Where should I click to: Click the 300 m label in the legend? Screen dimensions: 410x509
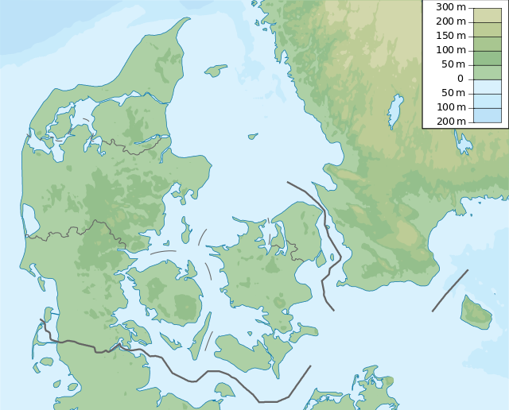click(x=450, y=7)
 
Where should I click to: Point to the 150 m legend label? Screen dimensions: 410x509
click(x=450, y=36)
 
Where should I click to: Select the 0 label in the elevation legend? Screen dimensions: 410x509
click(x=460, y=79)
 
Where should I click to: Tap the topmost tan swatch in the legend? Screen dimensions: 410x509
click(x=488, y=14)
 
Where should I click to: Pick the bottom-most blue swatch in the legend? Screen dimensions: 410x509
click(x=488, y=114)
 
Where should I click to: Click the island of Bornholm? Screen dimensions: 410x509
click(x=477, y=312)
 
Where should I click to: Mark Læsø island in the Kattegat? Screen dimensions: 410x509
click(x=216, y=71)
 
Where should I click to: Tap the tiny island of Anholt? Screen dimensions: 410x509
click(x=253, y=136)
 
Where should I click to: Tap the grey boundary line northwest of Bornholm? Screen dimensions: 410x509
click(x=450, y=290)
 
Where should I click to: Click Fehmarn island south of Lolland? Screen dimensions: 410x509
click(x=224, y=389)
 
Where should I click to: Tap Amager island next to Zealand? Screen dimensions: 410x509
click(x=321, y=258)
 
